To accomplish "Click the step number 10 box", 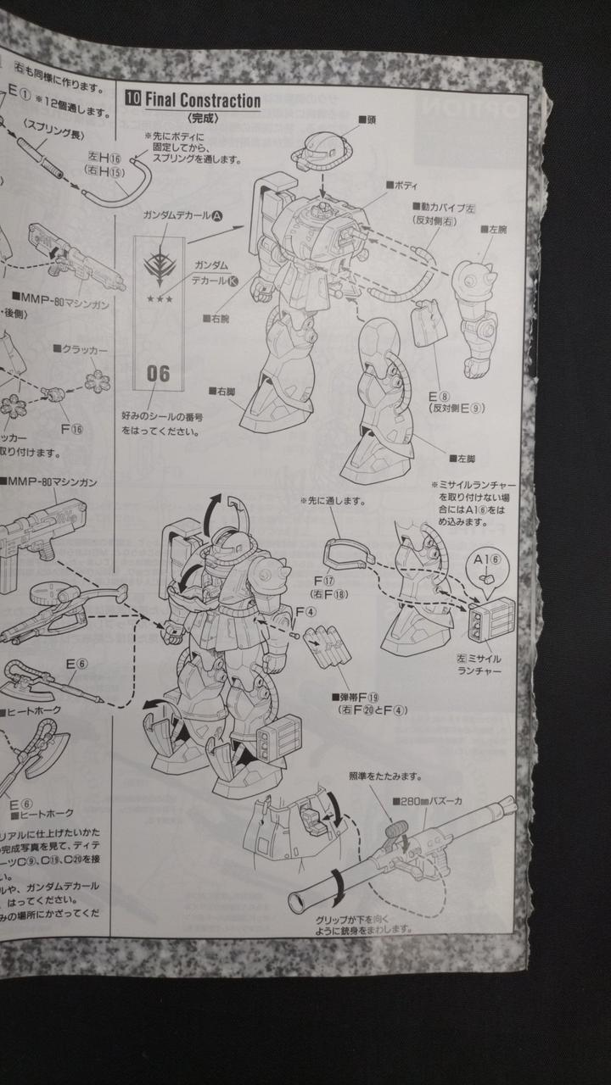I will coord(133,101).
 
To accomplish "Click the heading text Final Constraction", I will coord(203,101).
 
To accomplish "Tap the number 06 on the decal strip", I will coord(159,373).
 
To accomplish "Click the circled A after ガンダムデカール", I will coord(216,216).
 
